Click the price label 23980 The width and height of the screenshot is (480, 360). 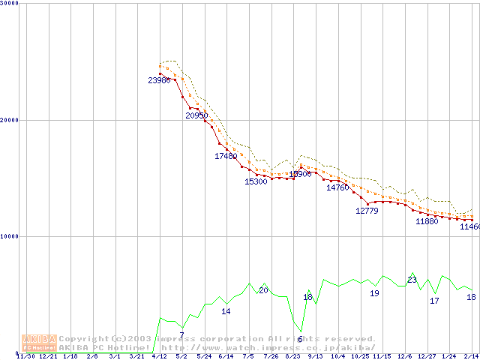click(x=159, y=80)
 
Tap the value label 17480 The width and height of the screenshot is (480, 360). click(x=226, y=156)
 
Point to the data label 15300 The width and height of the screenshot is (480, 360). click(x=256, y=181)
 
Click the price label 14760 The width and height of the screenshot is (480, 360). click(x=337, y=187)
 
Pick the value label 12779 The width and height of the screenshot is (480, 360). click(x=367, y=211)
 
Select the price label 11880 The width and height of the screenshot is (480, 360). click(x=427, y=221)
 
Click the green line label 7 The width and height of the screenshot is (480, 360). click(x=181, y=335)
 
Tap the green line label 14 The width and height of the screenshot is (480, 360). click(x=226, y=311)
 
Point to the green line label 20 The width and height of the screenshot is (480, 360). click(x=263, y=290)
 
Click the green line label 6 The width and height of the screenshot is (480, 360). click(x=300, y=339)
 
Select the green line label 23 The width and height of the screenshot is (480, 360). click(x=412, y=280)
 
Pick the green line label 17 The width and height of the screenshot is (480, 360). click(x=434, y=301)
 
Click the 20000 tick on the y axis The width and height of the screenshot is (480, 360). click(x=10, y=120)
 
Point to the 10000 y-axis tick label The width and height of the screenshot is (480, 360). click(x=10, y=236)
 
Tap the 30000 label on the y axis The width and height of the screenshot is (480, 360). click(x=10, y=3)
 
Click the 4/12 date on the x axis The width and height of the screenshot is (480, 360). click(x=159, y=357)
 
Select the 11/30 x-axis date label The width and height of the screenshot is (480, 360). click(x=25, y=357)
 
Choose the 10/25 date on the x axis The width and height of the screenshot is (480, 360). click(x=360, y=357)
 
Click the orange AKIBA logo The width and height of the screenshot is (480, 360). click(x=39, y=343)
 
